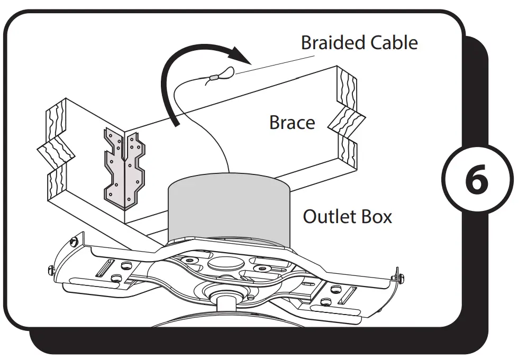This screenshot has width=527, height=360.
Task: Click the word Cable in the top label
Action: point(391,43)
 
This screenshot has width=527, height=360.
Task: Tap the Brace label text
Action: point(292,123)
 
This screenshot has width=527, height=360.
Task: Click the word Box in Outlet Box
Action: point(377,216)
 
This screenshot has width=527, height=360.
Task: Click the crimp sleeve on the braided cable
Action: point(213,77)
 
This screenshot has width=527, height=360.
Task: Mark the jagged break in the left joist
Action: point(56,153)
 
